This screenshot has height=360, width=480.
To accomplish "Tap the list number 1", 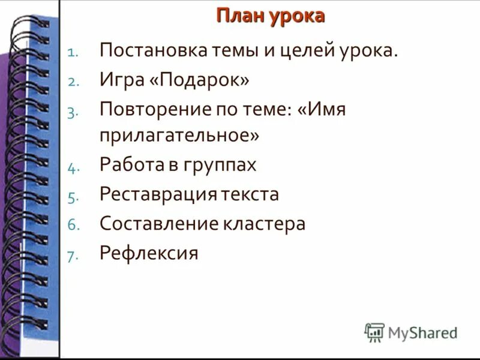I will (x=71, y=53).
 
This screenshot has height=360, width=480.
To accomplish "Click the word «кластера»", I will (x=265, y=224).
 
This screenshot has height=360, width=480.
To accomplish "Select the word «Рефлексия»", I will (x=148, y=253).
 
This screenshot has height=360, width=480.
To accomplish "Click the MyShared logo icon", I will (x=374, y=332).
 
